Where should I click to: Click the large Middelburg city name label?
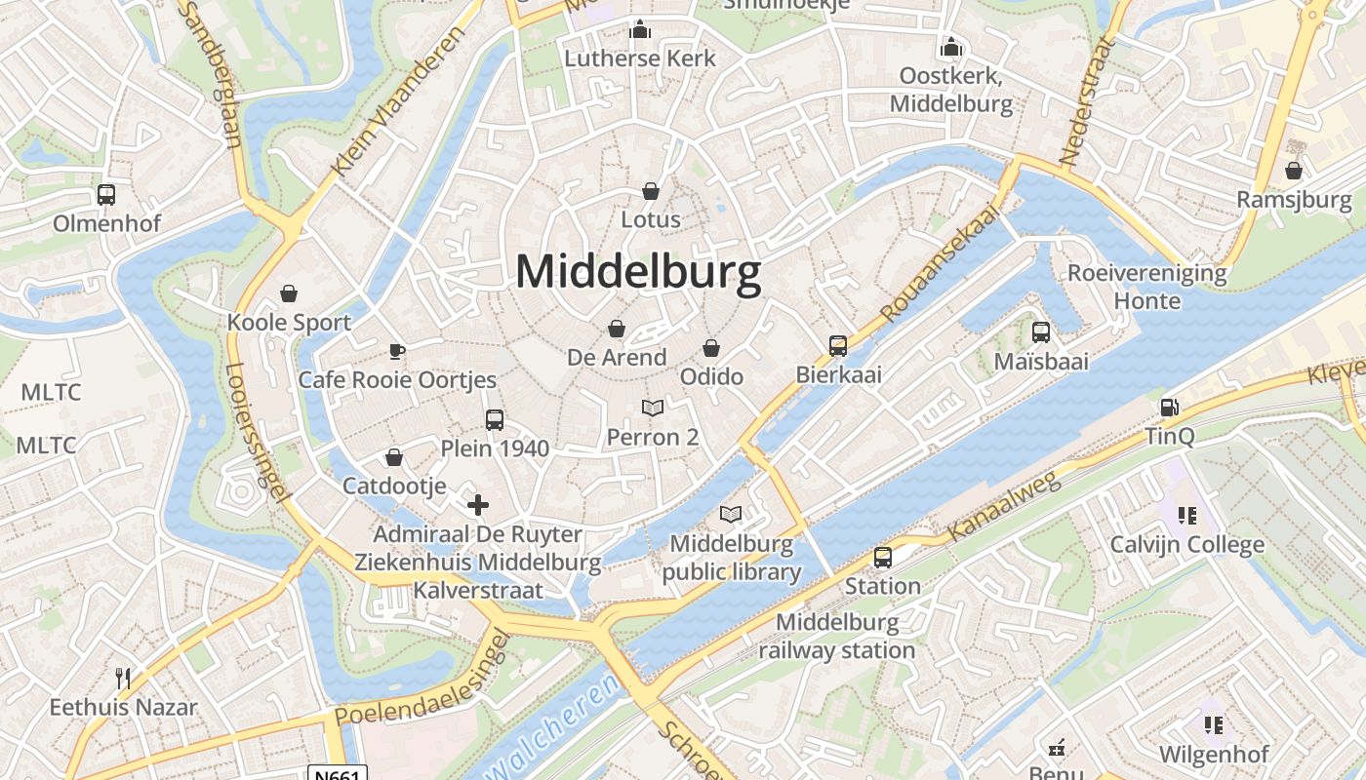click(x=638, y=272)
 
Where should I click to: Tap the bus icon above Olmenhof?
click(x=106, y=195)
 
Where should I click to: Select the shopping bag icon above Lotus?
click(x=651, y=191)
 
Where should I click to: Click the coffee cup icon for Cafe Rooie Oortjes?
click(x=396, y=351)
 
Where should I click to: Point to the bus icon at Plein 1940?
click(x=495, y=420)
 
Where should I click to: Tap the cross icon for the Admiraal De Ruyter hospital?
click(x=478, y=505)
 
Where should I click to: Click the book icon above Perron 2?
click(x=653, y=408)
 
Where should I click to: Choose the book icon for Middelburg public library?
click(x=731, y=514)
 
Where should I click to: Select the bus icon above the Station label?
click(x=883, y=558)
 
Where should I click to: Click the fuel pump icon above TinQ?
click(x=1169, y=408)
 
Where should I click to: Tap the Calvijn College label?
click(x=1186, y=544)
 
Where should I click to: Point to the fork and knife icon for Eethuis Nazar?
click(x=123, y=678)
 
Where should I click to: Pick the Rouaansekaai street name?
click(x=941, y=263)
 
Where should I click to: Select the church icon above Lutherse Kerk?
click(x=640, y=29)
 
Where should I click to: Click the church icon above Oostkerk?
click(x=951, y=47)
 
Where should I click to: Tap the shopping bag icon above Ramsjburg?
click(x=1294, y=171)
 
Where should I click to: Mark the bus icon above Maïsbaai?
click(x=1041, y=332)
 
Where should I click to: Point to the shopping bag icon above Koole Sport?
click(x=289, y=293)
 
